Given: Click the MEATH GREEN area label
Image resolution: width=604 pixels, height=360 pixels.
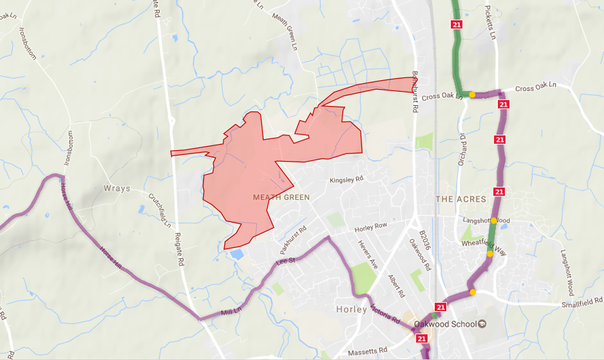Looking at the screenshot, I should click(x=281, y=198).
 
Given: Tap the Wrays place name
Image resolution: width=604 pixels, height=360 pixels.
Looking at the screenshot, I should click(x=116, y=189).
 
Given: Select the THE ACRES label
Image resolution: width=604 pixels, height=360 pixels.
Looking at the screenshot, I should click(x=461, y=199).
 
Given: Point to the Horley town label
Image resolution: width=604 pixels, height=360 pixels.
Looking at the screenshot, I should click(x=351, y=310).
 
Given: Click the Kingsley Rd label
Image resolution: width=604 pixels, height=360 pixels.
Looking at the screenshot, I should click(x=347, y=181).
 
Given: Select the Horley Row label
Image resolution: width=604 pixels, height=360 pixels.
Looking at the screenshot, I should click(x=371, y=225).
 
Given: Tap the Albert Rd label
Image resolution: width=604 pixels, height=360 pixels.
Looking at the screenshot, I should click(x=395, y=286).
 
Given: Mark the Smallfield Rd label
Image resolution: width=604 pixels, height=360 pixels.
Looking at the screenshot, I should click(x=582, y=300).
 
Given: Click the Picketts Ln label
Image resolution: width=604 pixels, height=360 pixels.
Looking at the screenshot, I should click(x=487, y=21).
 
